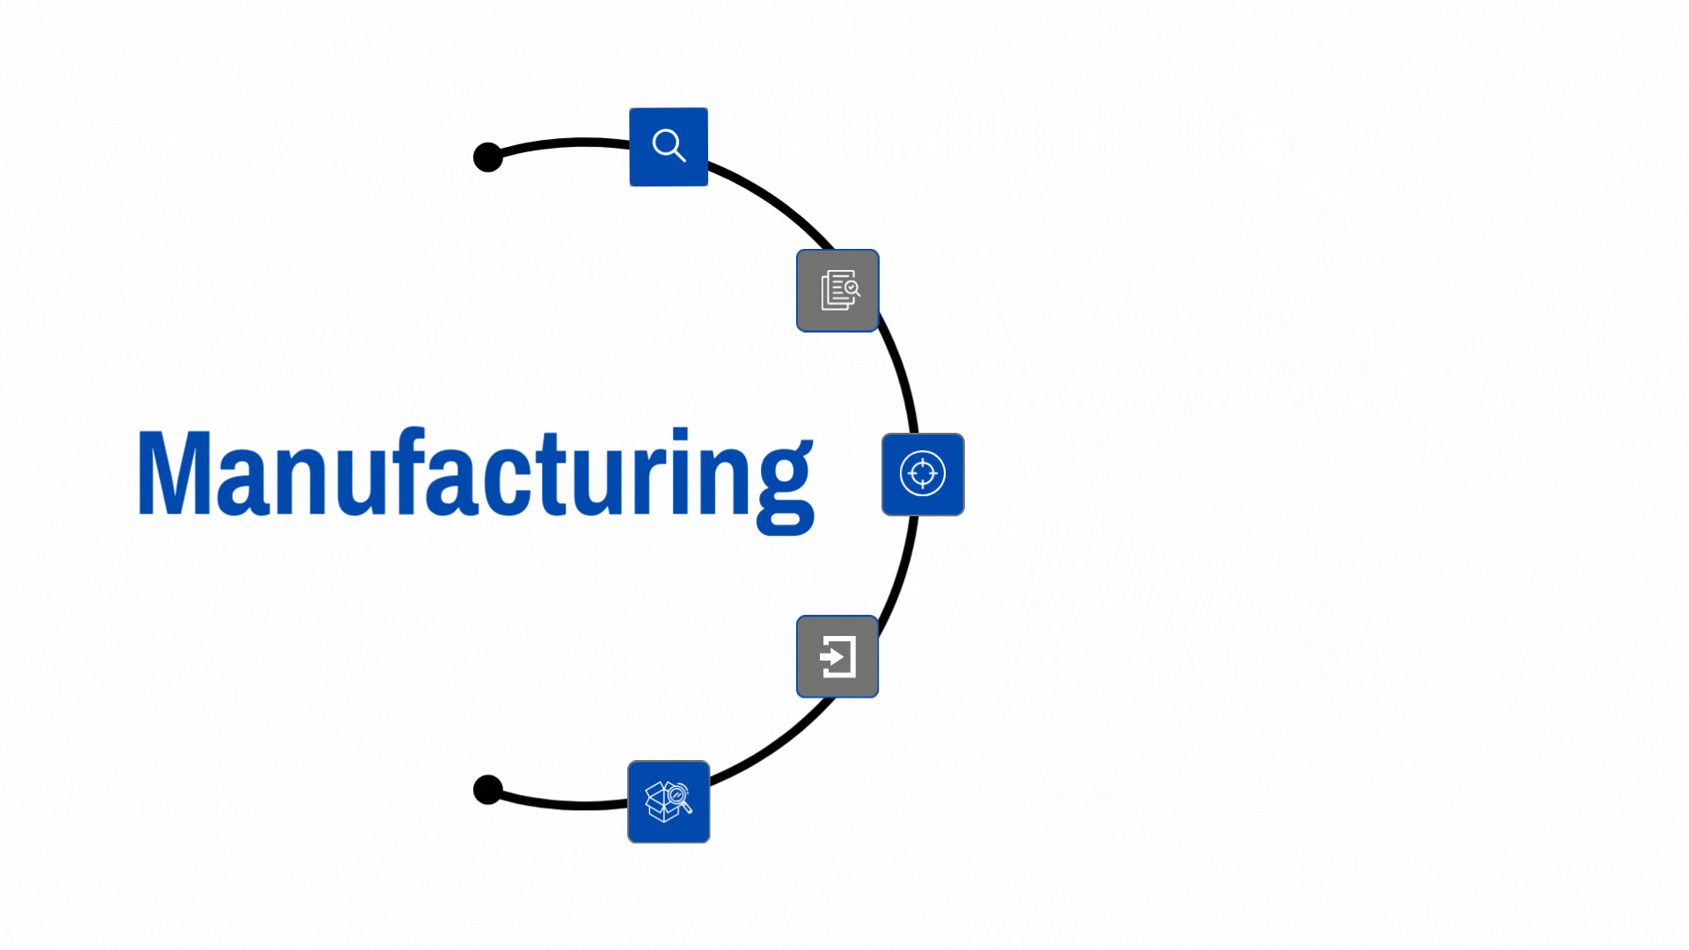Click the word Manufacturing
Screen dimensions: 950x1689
[475, 475]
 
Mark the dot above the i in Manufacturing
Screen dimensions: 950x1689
[680, 435]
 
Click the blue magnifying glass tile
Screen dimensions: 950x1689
[669, 147]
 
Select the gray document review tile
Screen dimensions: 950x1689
[837, 290]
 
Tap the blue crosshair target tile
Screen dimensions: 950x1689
[923, 474]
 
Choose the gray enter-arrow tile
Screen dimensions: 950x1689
[837, 656]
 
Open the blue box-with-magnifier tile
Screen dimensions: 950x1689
[669, 801]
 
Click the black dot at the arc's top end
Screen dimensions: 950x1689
[487, 157]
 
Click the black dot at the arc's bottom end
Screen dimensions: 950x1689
[487, 790]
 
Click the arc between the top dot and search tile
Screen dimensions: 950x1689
[563, 142]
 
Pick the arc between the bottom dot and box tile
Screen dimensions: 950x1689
[563, 804]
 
